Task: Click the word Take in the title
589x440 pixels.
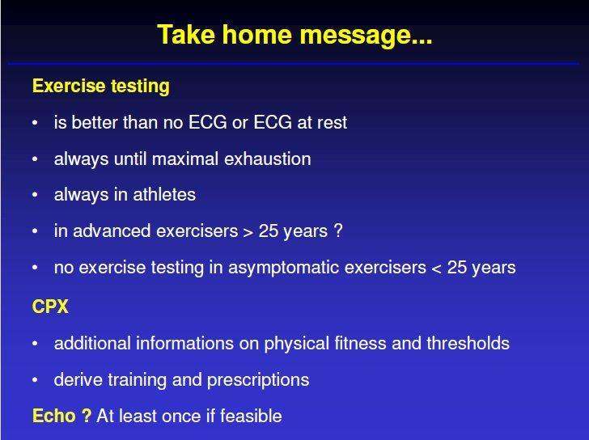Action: (186, 35)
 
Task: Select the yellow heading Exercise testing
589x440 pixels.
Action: (101, 87)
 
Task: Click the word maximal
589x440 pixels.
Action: (185, 159)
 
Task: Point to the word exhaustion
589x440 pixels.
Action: (268, 159)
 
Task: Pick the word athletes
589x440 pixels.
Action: (164, 195)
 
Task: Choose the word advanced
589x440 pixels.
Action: (112, 231)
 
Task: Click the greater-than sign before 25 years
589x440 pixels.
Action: (248, 232)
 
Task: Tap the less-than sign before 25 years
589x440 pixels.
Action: (437, 269)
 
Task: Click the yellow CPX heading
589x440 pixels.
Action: (50, 307)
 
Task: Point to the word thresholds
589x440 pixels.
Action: (468, 344)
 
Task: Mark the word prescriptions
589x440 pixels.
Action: (258, 380)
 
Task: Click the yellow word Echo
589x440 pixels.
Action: (54, 416)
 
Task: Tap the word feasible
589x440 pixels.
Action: (251, 416)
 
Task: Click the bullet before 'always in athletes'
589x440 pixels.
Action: (35, 195)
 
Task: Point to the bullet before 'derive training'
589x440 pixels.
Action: (35, 380)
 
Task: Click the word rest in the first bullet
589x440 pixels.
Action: (332, 123)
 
